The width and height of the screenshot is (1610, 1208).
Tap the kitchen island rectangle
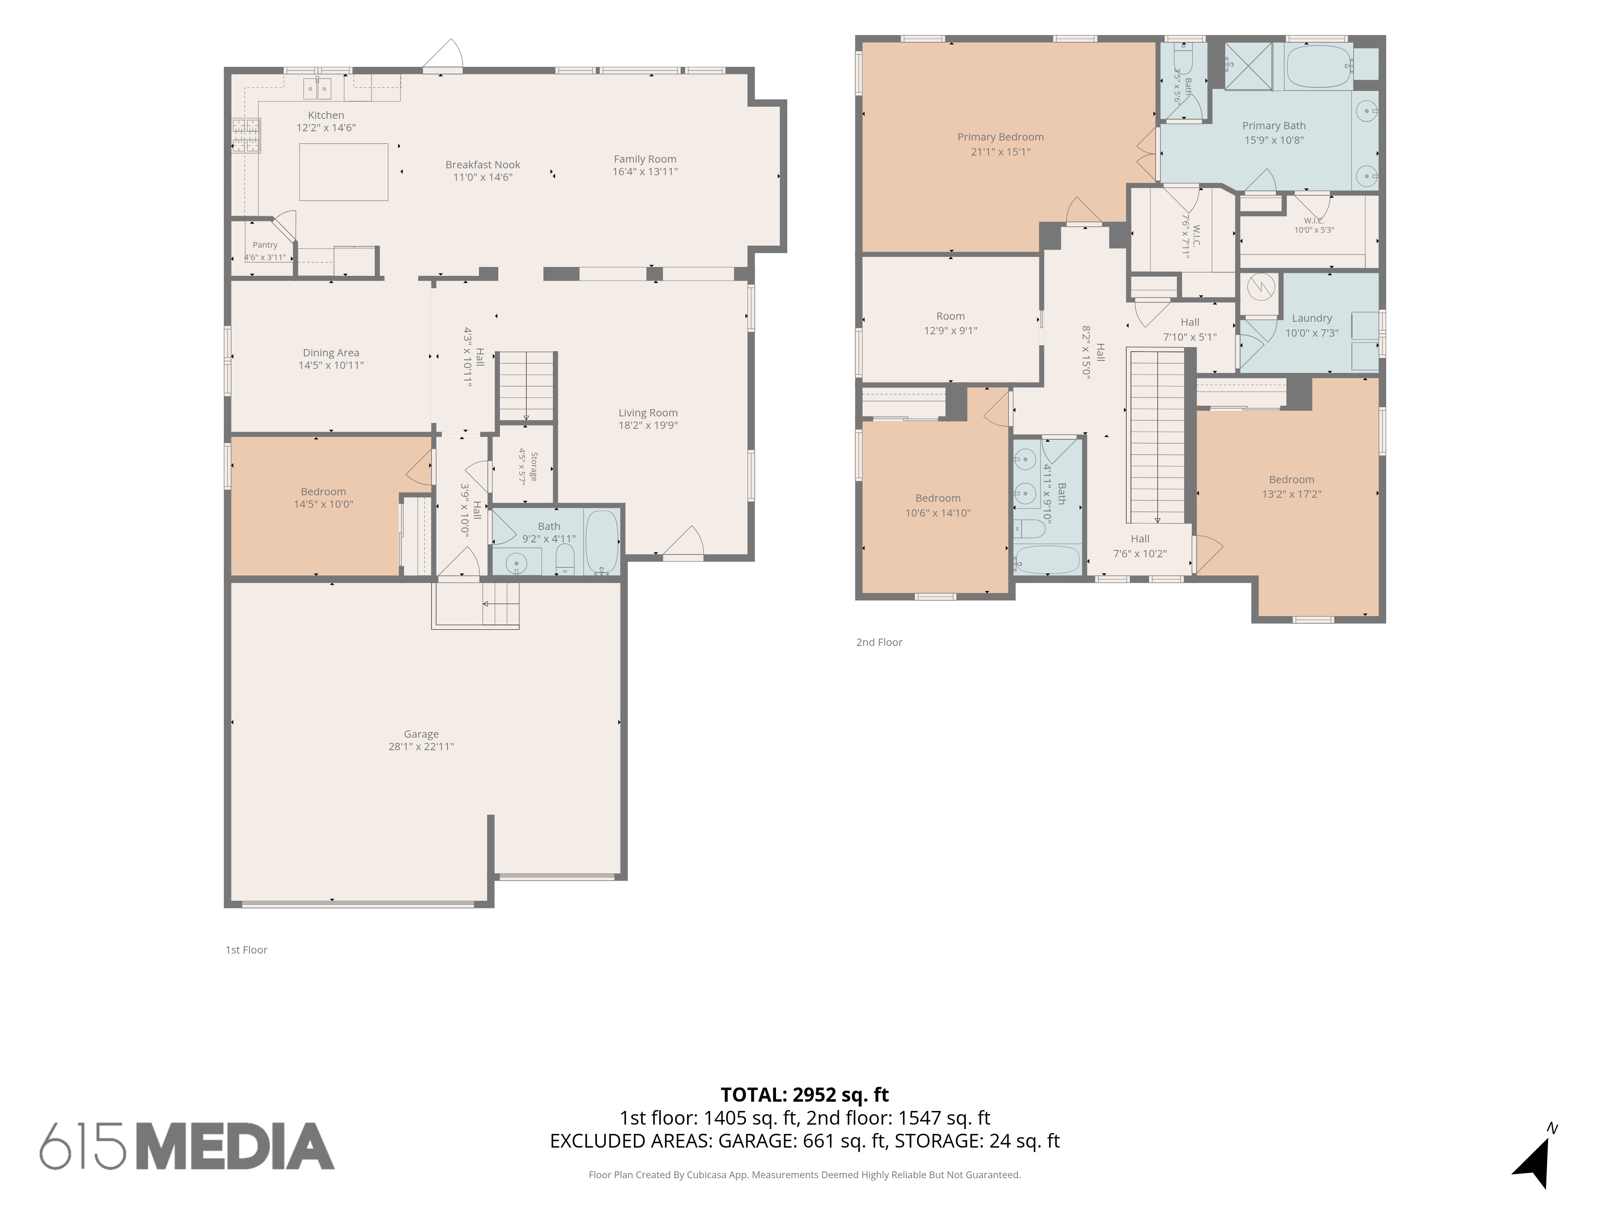tap(344, 172)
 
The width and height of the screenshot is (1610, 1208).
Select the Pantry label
tap(265, 245)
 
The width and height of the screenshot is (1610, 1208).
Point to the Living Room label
tap(648, 413)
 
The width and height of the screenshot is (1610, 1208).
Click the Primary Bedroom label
tap(1000, 137)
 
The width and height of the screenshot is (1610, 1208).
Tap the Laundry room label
tap(1312, 318)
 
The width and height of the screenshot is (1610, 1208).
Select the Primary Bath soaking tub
tap(1319, 66)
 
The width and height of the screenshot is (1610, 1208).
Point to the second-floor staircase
tap(1157, 435)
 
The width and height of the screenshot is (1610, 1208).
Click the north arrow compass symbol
tap(1536, 1158)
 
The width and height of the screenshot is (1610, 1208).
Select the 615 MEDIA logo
tap(187, 1146)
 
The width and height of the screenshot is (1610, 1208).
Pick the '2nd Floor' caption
tap(879, 642)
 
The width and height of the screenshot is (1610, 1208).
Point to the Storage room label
tap(533, 467)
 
